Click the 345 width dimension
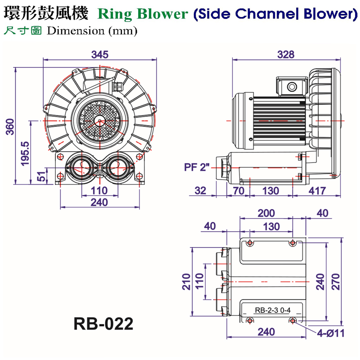pos(100,54)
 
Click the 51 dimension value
pos(41,176)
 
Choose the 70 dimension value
pos(238,191)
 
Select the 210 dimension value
pos(186,281)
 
